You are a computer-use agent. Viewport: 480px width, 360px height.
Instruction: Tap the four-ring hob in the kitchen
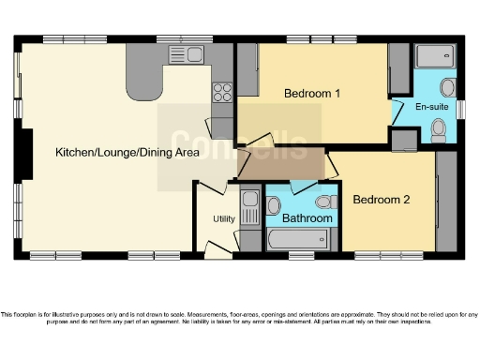(x=224, y=92)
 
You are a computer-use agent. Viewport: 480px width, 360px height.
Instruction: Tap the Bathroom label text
(x=307, y=218)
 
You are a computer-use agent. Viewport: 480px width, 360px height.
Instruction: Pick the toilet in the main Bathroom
(x=324, y=202)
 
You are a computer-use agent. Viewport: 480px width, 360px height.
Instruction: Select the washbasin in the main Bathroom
(x=276, y=203)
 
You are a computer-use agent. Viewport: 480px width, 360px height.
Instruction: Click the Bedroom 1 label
(x=312, y=94)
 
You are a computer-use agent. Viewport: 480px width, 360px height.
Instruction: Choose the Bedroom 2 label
(x=382, y=200)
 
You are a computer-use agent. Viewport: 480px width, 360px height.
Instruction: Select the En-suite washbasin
(x=448, y=89)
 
